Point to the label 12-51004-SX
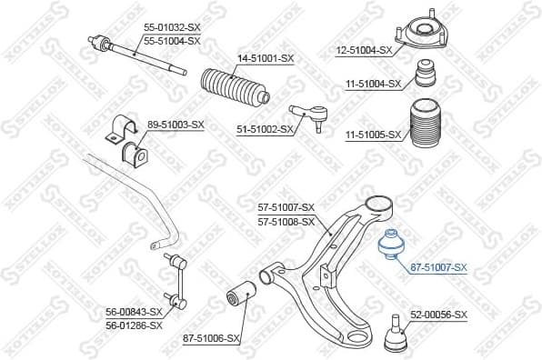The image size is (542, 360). [363, 50]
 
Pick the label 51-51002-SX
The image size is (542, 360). [265, 130]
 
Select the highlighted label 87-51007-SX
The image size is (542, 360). [438, 267]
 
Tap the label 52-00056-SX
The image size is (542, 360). [438, 315]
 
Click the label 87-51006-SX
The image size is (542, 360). [210, 338]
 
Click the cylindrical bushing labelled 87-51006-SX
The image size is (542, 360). [240, 296]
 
